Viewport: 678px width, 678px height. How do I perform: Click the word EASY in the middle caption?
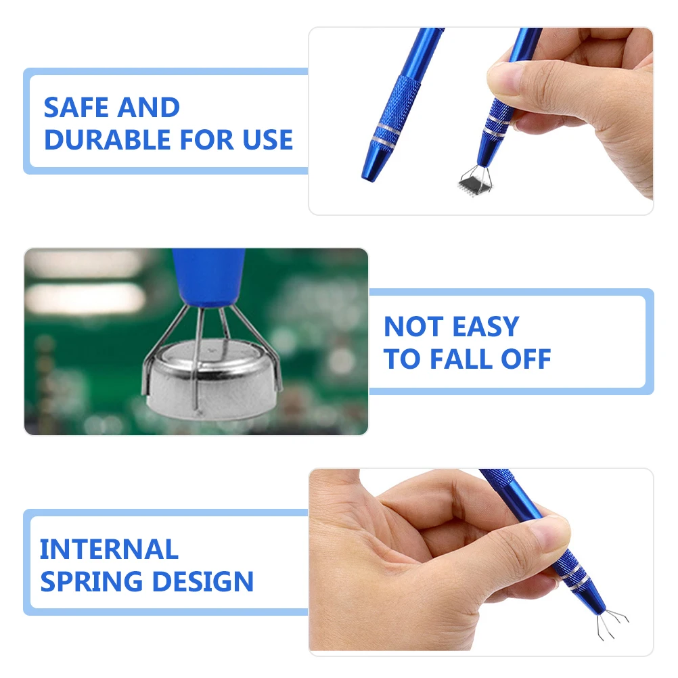pyautogui.click(x=485, y=327)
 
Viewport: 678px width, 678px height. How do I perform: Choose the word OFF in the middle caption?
pyautogui.click(x=526, y=359)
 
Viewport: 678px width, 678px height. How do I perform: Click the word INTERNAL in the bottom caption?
pyautogui.click(x=109, y=549)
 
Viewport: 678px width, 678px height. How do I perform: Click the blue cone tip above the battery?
pyautogui.click(x=208, y=278)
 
